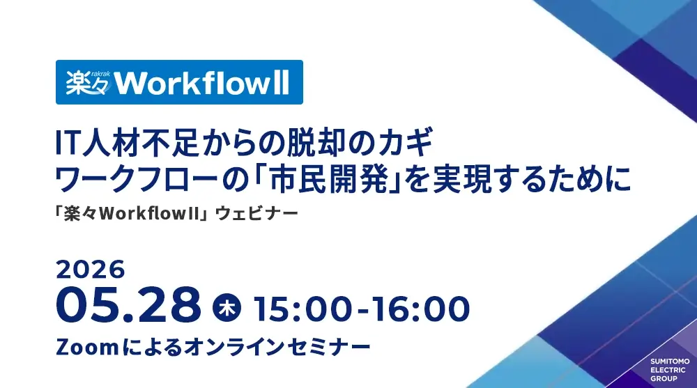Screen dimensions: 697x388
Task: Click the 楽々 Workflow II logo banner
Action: (179, 82)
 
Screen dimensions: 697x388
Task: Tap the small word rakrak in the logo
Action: (100, 74)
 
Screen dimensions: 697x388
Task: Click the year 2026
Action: (90, 270)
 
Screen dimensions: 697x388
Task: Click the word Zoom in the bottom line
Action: (87, 347)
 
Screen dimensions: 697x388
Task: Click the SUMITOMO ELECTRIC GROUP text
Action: (670, 370)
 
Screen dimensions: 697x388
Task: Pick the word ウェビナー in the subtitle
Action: (256, 214)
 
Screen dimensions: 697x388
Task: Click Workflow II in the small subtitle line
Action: (149, 214)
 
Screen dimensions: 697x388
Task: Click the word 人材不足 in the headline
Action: (141, 143)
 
